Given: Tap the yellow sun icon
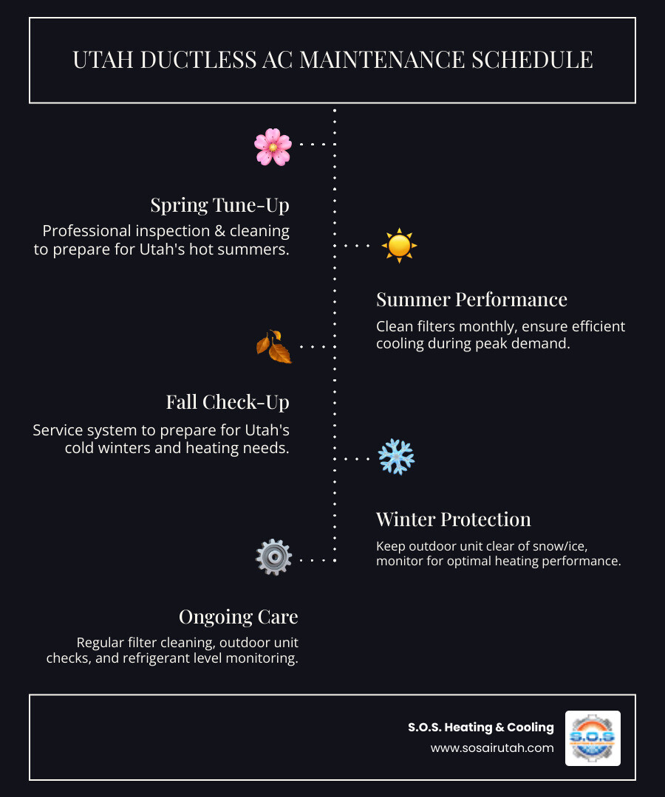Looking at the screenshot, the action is pyautogui.click(x=399, y=246).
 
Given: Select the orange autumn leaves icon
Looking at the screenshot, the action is pyautogui.click(x=274, y=346).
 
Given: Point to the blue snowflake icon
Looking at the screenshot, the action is pyautogui.click(x=396, y=458).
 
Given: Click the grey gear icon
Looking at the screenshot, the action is pyautogui.click(x=273, y=558).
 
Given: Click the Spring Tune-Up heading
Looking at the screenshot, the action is pyautogui.click(x=219, y=204).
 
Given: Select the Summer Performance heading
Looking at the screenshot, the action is pyautogui.click(x=471, y=300).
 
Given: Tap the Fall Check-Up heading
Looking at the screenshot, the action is pyautogui.click(x=228, y=402).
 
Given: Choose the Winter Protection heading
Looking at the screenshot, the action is pyautogui.click(x=453, y=520).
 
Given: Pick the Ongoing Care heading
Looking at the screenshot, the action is pyautogui.click(x=238, y=617).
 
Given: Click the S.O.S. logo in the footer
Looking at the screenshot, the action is pyautogui.click(x=593, y=738).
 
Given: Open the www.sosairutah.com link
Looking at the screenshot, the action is pyautogui.click(x=492, y=748).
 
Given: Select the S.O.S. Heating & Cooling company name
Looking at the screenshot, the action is pyautogui.click(x=481, y=728).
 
